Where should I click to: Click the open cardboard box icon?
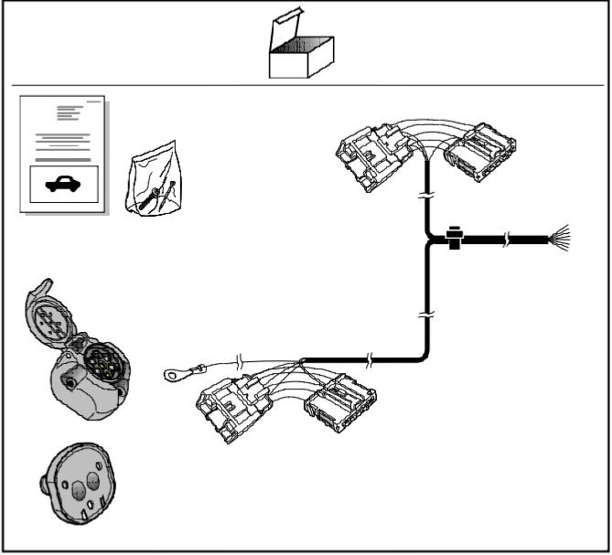coord(299,53)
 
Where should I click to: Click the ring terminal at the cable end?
coord(172,372)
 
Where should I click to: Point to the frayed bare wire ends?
coord(560,240)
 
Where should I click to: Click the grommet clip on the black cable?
coord(455,240)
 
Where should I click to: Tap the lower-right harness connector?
coord(338,405)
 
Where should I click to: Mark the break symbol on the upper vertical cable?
coord(427,197)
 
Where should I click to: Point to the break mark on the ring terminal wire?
coord(240,361)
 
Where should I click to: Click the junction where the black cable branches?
coord(429,240)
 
